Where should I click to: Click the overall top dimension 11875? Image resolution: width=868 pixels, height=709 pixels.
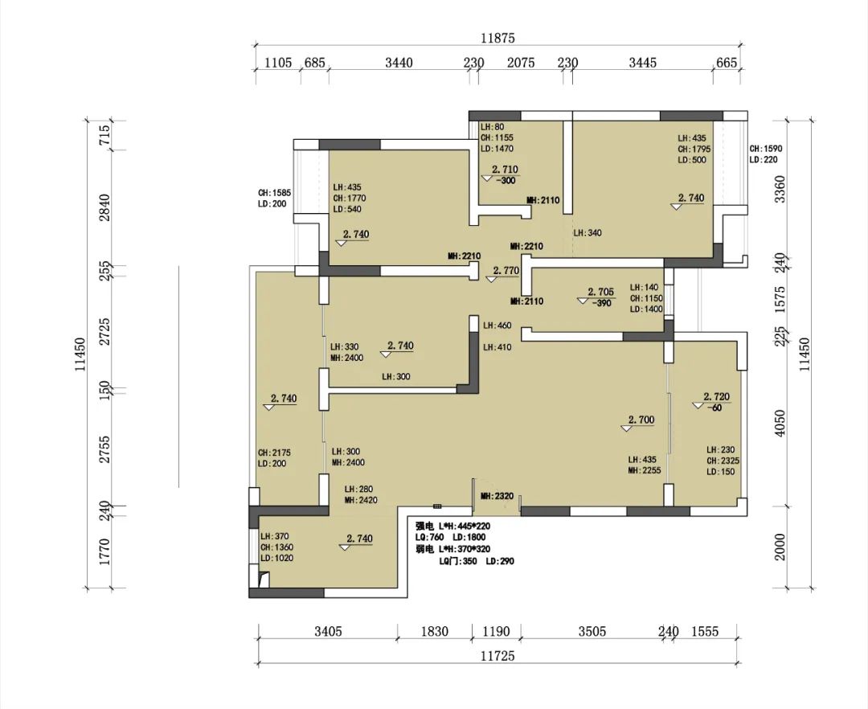[x=497, y=39]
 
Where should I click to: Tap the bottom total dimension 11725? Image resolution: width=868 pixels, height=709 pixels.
[x=497, y=656]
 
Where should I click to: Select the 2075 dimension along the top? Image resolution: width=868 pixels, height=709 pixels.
[x=521, y=63]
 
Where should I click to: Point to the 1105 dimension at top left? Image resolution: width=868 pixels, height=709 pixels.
[x=278, y=63]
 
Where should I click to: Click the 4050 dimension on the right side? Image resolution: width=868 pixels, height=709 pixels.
[x=780, y=423]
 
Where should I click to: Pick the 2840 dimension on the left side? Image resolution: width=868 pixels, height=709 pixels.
[x=104, y=207]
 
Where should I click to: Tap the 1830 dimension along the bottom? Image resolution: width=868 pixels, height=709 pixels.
[x=434, y=632]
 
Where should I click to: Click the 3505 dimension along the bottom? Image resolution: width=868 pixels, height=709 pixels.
[x=592, y=632]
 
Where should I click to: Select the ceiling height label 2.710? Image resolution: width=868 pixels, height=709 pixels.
[x=505, y=170]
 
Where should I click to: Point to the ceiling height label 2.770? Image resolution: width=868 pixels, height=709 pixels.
[x=506, y=271]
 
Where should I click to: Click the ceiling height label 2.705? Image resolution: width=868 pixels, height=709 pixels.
[x=600, y=292]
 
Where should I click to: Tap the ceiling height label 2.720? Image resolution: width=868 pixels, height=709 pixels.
[x=717, y=397]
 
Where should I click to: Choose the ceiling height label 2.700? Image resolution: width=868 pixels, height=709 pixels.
[x=641, y=420]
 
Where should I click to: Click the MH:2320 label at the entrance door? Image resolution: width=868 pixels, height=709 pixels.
[x=497, y=497]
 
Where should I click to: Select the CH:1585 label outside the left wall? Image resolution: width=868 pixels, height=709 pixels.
[x=275, y=193]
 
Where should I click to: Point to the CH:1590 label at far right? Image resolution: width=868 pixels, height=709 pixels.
[x=766, y=149]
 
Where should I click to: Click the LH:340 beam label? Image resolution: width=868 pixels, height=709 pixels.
[x=588, y=233]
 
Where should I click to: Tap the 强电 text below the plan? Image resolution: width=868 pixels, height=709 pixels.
[x=424, y=527]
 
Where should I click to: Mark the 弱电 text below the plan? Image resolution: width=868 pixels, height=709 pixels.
[x=424, y=550]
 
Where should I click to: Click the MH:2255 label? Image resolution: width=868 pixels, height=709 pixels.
[x=645, y=471]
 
